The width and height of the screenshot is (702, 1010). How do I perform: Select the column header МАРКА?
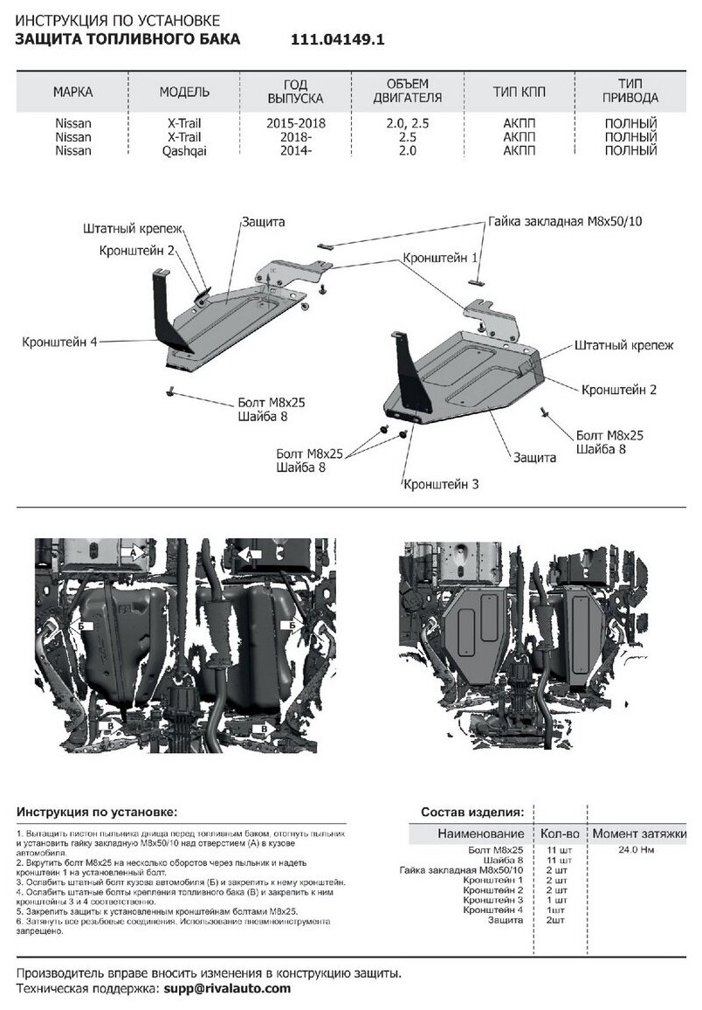tap(72, 92)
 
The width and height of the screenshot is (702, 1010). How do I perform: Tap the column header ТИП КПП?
tap(519, 92)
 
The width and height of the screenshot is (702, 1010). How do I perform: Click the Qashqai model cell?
tap(184, 150)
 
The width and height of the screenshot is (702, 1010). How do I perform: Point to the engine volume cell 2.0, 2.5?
tap(407, 124)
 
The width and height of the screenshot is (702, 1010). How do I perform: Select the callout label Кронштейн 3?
tap(440, 483)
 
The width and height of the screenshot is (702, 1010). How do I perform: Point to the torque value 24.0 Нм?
tap(637, 849)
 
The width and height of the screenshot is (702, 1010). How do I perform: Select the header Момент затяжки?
tap(639, 834)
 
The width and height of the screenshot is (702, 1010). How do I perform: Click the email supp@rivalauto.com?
tap(227, 988)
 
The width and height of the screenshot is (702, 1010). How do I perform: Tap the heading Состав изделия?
tap(472, 811)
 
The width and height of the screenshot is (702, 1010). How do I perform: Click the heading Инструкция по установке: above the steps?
tap(96, 811)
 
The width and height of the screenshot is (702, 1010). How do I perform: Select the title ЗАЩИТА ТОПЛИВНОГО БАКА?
tap(127, 39)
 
